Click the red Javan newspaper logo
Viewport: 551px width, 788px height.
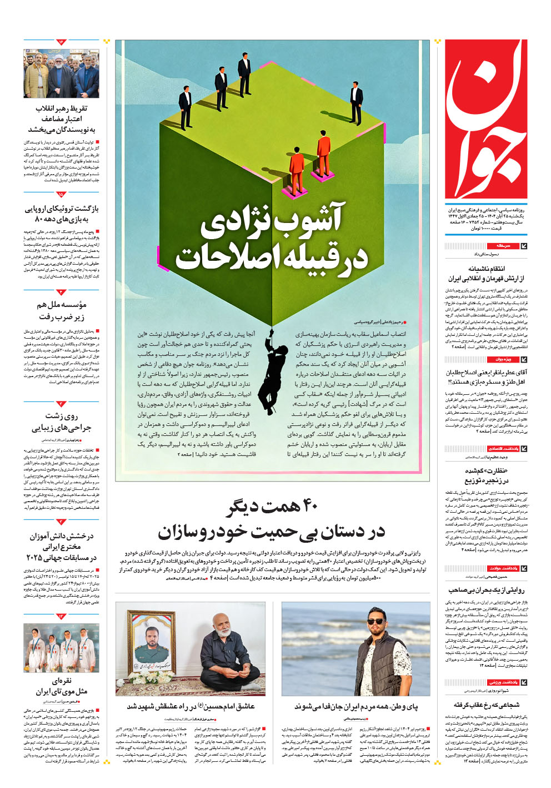pyautogui.click(x=486, y=120)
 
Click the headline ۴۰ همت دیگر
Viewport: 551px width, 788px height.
pyautogui.click(x=272, y=506)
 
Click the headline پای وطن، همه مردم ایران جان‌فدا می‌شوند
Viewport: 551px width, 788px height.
pyautogui.click(x=356, y=706)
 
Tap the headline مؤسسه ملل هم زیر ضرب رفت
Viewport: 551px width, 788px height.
pyautogui.click(x=61, y=310)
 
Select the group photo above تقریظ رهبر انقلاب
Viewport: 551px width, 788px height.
pyautogui.click(x=61, y=73)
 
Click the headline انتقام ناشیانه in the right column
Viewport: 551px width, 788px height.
pyautogui.click(x=486, y=273)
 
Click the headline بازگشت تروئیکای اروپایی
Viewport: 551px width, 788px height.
pyautogui.click(x=61, y=214)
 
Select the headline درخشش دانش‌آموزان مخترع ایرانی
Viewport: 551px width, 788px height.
pyautogui.click(x=61, y=547)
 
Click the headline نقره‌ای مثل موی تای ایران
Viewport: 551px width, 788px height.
pyautogui.click(x=61, y=686)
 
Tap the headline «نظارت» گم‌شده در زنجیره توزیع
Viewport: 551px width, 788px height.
pyautogui.click(x=486, y=475)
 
